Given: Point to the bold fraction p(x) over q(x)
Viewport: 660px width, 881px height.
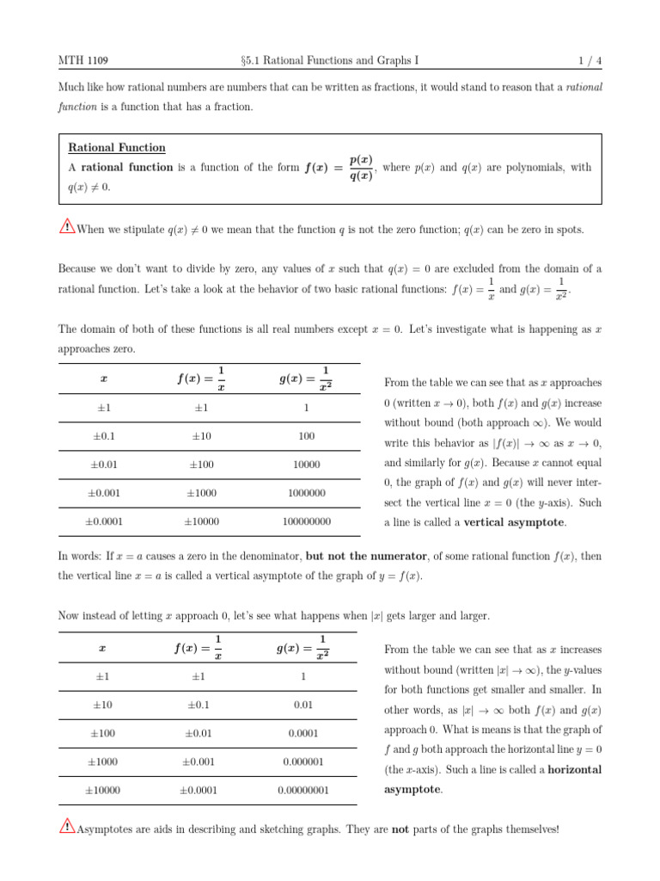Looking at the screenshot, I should point(361,168).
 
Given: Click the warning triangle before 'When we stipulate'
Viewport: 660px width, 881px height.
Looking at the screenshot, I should point(67,228).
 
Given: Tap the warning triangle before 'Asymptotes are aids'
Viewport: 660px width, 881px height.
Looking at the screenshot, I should point(67,828).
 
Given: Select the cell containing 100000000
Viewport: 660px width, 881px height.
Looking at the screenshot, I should point(306,521).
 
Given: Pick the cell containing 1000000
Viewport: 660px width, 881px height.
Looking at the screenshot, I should point(306,493).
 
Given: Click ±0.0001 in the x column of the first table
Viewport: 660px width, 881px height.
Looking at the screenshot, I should point(103,521).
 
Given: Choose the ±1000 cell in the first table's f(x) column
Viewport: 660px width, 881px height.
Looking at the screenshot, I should point(202,493).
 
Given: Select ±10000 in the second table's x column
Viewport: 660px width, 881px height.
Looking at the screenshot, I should point(102,790).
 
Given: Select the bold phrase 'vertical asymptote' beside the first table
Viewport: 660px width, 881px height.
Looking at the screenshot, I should point(515,522).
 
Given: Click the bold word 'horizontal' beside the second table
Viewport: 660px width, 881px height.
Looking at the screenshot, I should point(575,768).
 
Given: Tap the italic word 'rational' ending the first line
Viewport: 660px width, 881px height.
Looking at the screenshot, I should point(584,87).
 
